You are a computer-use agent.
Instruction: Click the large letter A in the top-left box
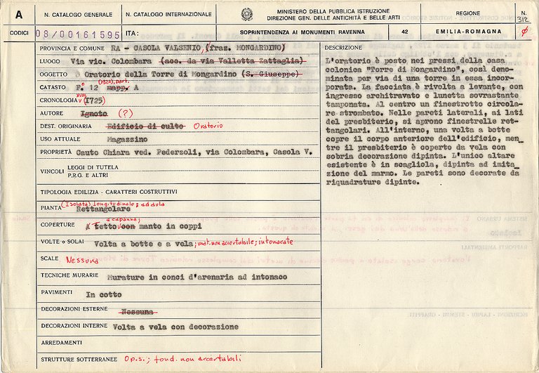[18, 13]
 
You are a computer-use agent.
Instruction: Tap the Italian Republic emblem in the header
[246, 13]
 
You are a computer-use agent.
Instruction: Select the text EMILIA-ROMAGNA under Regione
[478, 33]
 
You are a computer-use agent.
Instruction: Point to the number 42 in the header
[404, 33]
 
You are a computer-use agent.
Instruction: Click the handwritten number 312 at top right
[522, 20]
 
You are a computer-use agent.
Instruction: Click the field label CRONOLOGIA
[62, 100]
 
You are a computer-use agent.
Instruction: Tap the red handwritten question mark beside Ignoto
[125, 113]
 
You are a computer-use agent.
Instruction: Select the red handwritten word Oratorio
[208, 126]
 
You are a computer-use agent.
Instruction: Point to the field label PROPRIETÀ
[57, 152]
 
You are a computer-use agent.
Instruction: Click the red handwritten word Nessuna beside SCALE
[81, 259]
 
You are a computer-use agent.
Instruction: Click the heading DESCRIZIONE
[344, 46]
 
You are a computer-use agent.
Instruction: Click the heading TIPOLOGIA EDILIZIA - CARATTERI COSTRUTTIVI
[108, 192]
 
